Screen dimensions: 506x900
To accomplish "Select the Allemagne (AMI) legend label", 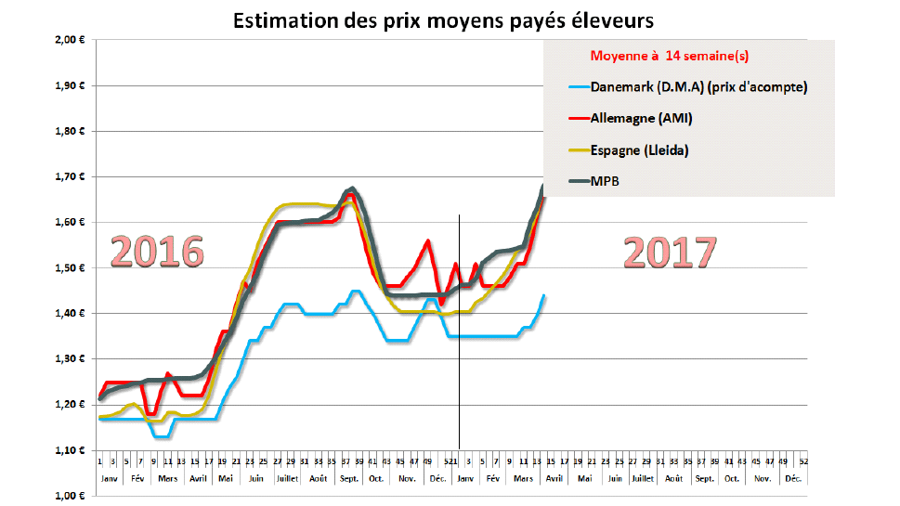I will click(x=642, y=118).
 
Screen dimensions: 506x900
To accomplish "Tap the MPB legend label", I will click(x=605, y=181).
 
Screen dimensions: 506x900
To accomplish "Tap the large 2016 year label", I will click(x=159, y=252).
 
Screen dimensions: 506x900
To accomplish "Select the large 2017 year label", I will click(x=670, y=252).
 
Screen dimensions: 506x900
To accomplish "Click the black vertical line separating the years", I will click(x=460, y=371).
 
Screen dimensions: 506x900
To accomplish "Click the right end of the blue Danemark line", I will click(x=543, y=295).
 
